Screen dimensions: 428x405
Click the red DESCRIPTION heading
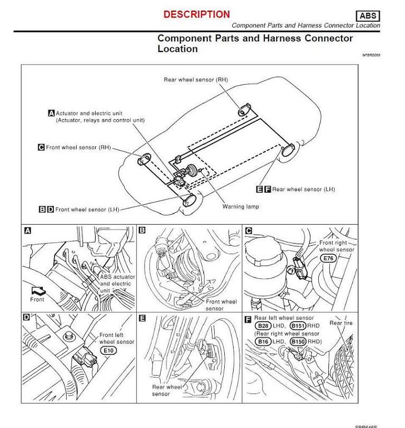click(x=196, y=14)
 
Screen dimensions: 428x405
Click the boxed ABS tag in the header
click(x=367, y=16)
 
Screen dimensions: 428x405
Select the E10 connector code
click(x=109, y=351)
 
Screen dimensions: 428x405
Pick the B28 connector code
click(x=263, y=325)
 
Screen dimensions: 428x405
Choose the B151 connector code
click(x=299, y=325)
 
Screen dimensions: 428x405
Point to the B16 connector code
click(x=263, y=341)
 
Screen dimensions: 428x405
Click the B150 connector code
click(x=299, y=341)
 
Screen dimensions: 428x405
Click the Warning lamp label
click(x=240, y=207)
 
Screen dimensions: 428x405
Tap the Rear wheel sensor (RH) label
click(x=196, y=80)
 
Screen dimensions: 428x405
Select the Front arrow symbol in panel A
click(x=38, y=290)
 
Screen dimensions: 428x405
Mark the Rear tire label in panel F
click(x=340, y=323)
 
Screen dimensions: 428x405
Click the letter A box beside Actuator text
click(x=51, y=113)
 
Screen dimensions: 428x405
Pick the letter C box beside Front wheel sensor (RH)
click(x=41, y=148)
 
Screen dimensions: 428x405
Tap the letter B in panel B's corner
click(x=142, y=230)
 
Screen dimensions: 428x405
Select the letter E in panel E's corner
click(x=142, y=318)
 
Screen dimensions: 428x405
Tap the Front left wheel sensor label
click(x=117, y=338)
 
